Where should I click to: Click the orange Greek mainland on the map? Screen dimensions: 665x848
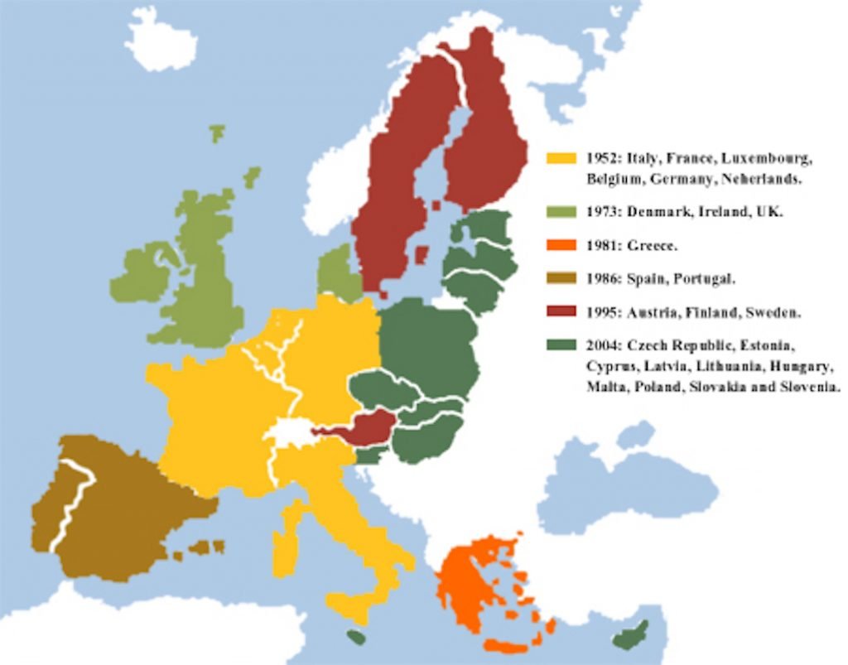(x=468, y=580)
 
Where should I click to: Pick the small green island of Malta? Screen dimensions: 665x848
(x=355, y=637)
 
